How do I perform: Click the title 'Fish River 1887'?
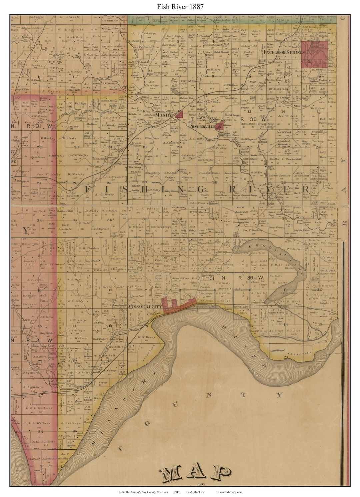click(180, 6)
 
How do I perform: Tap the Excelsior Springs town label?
click(284, 52)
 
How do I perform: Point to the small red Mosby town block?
click(180, 115)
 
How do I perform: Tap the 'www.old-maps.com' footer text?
click(230, 492)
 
